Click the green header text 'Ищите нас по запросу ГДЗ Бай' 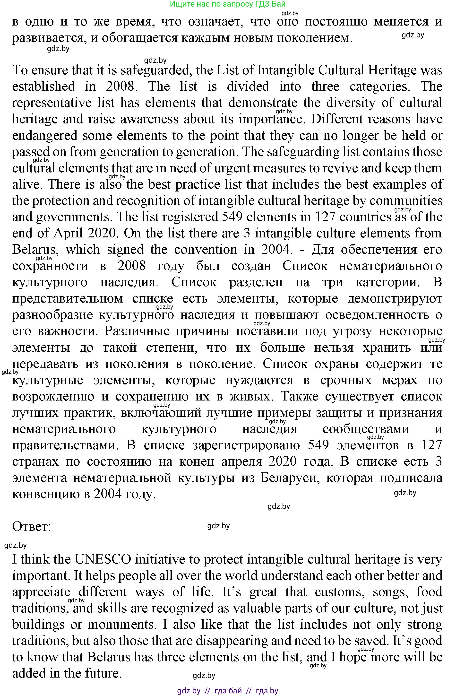tap(227, 4)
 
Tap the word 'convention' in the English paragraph tap(206, 250)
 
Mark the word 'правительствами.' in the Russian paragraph tap(66, 445)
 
